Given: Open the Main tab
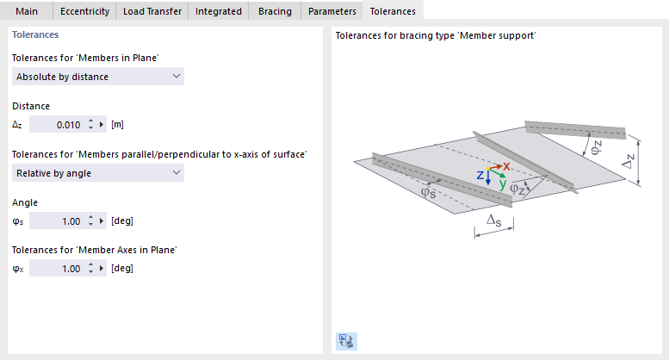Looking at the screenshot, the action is tap(27, 11).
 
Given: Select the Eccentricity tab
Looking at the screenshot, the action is tap(84, 11).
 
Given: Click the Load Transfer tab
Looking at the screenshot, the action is tap(152, 11).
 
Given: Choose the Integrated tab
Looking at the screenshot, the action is tap(219, 11).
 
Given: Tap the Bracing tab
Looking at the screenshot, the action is tap(275, 11).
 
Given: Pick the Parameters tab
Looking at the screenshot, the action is tap(332, 11).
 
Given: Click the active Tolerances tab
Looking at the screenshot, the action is tap(393, 11).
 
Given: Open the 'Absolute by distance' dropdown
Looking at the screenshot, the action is tap(98, 77).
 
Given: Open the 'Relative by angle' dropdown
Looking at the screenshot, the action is tap(98, 173).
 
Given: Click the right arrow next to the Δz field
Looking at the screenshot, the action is tap(102, 125).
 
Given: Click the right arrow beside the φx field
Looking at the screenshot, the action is tap(102, 269).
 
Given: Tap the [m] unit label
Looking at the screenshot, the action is tap(117, 125).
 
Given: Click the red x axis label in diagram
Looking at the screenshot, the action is tap(506, 166).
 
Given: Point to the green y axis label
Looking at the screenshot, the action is tap(503, 184).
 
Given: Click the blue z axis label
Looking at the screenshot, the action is tap(480, 175).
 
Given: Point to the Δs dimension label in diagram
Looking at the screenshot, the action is tap(494, 220).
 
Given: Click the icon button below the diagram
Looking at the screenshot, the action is tap(346, 341).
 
